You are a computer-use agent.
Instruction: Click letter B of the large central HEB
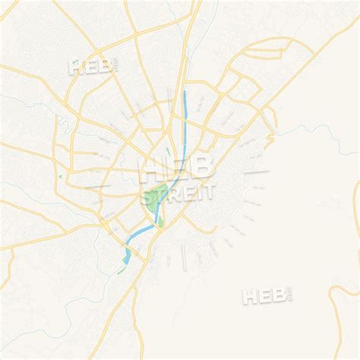(x=204, y=167)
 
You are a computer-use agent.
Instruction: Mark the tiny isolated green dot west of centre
(x=59, y=178)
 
